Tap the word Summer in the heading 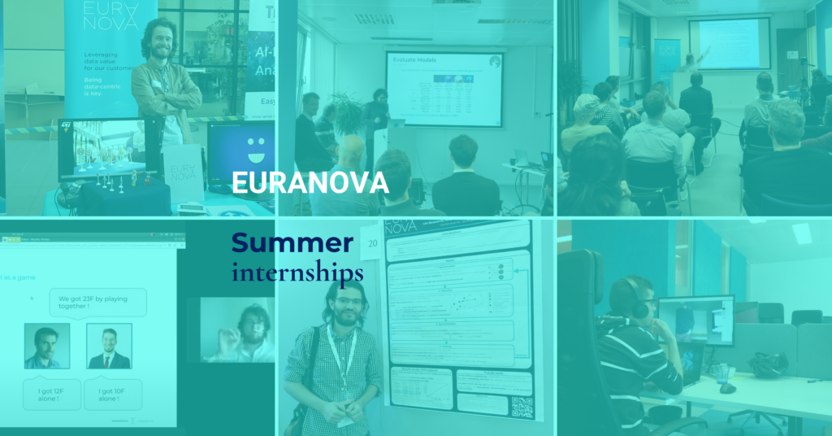click(292, 242)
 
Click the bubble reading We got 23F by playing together click(97, 303)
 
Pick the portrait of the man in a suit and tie click(109, 346)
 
